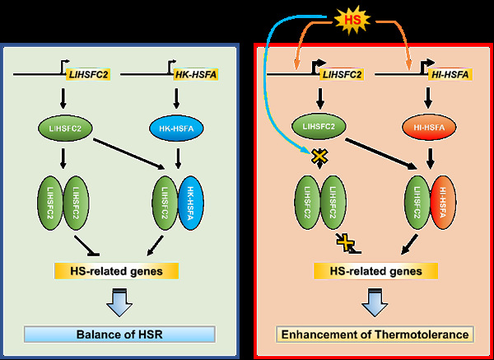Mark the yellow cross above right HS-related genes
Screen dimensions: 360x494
click(x=347, y=241)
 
